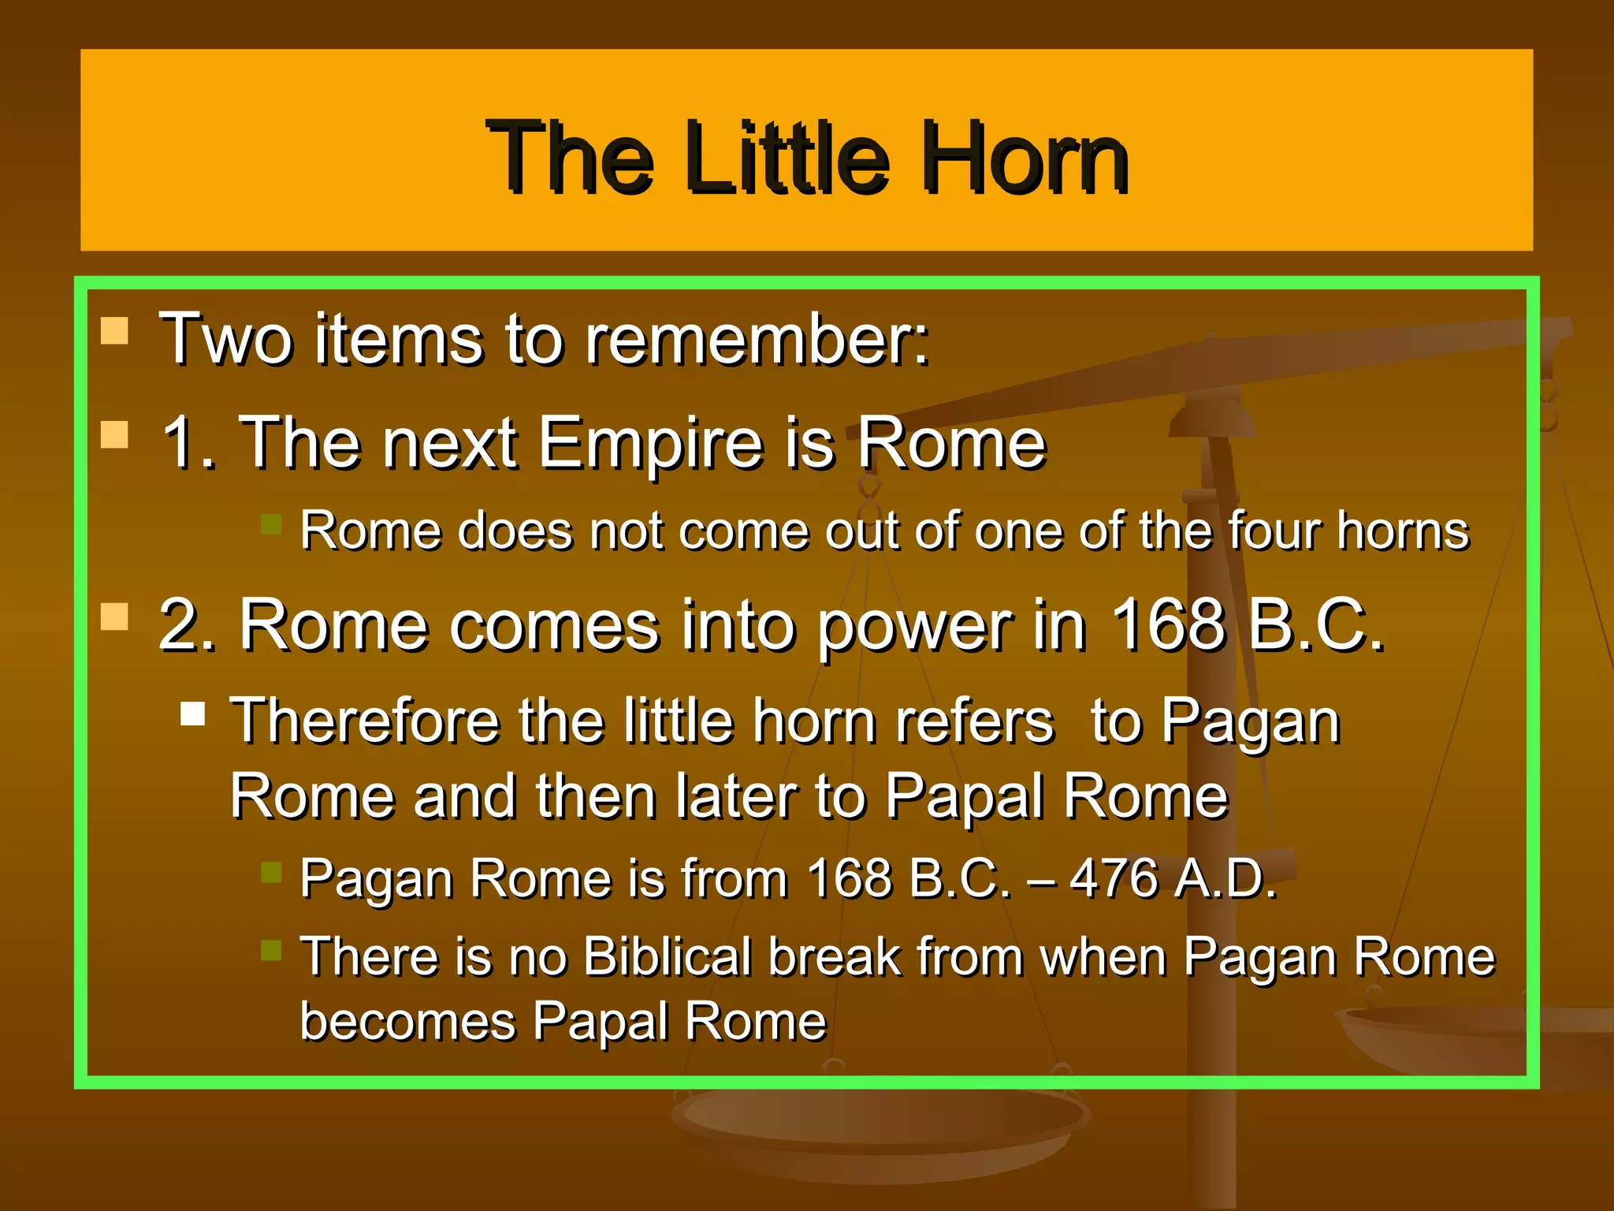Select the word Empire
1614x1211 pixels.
click(650, 445)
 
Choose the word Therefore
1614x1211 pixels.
click(365, 721)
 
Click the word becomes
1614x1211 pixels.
click(407, 1021)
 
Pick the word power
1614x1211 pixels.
click(913, 626)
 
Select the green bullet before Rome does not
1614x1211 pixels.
click(271, 524)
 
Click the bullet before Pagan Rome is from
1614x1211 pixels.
click(271, 871)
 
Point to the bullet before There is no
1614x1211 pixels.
click(271, 950)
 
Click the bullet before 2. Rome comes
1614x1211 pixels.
click(115, 617)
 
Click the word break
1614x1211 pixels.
click(835, 956)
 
